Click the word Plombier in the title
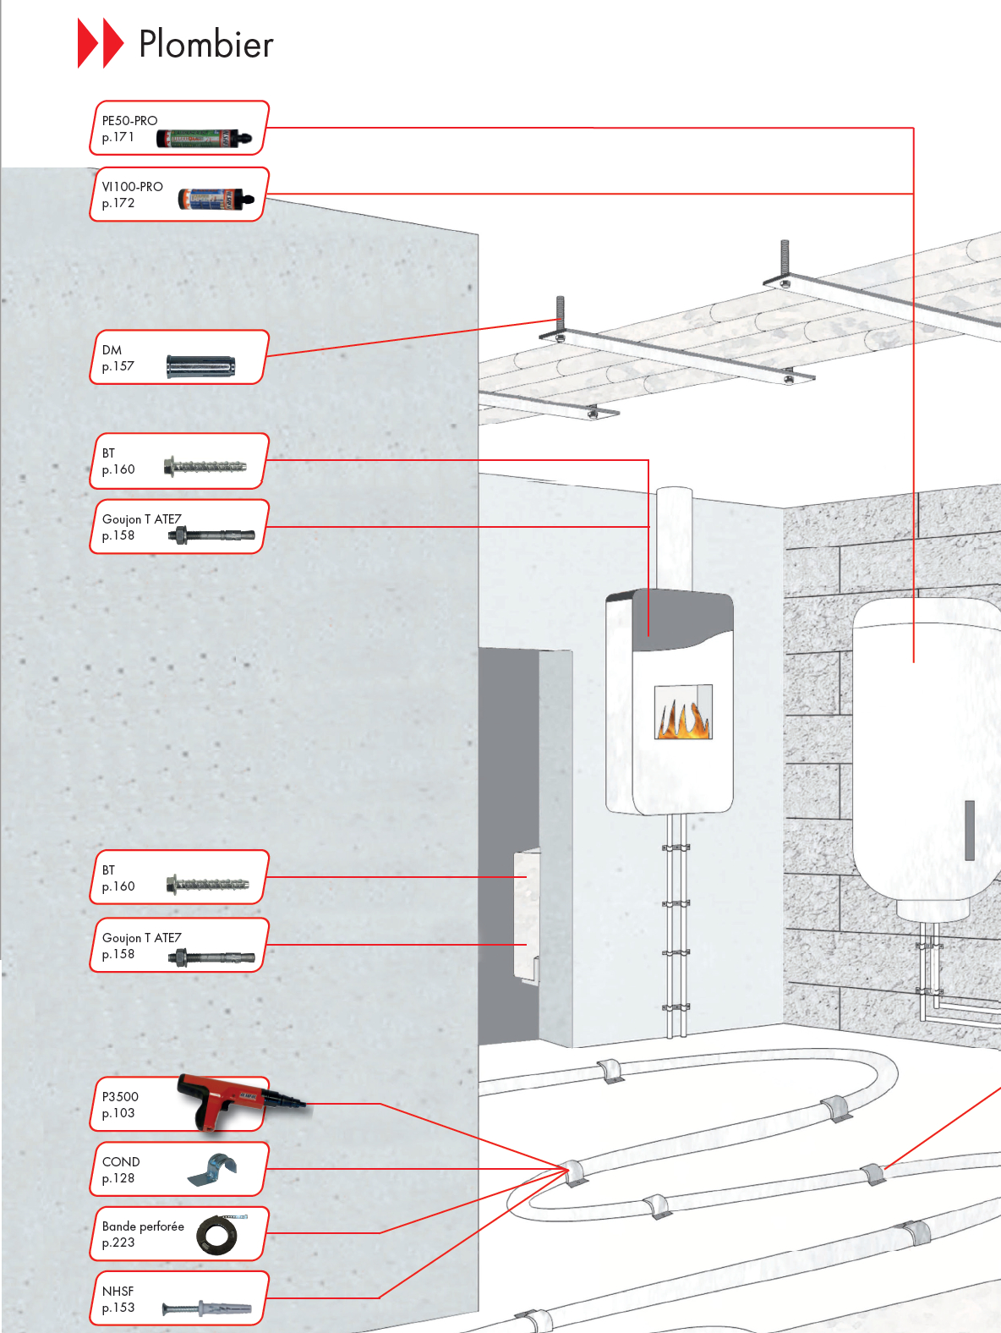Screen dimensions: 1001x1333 (x=206, y=44)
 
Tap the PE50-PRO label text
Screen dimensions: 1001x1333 (x=129, y=120)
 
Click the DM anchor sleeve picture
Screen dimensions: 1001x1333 (x=201, y=367)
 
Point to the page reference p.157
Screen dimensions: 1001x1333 (x=118, y=366)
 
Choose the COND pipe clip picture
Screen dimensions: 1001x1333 (x=212, y=1169)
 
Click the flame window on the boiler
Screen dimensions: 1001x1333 (x=683, y=711)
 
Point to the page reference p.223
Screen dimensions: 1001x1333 (x=118, y=1242)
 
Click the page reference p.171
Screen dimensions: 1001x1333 (x=118, y=137)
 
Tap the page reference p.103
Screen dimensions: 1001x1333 (x=118, y=1113)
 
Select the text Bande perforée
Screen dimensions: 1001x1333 (x=143, y=1226)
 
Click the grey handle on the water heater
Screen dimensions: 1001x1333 (x=970, y=830)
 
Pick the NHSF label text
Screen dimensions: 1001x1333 (x=118, y=1291)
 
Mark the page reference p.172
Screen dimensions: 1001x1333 (x=118, y=203)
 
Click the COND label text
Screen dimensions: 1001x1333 (x=121, y=1162)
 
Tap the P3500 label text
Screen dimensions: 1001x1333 (x=119, y=1097)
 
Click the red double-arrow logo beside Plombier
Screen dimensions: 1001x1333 (x=101, y=43)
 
